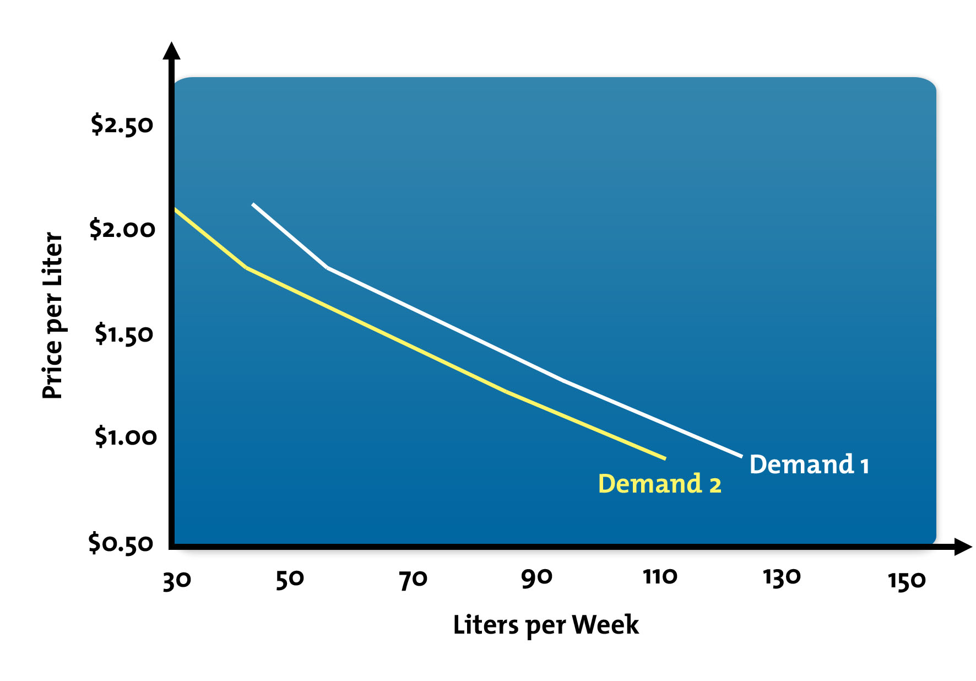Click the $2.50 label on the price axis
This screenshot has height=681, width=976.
(122, 125)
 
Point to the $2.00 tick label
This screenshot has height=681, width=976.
(122, 229)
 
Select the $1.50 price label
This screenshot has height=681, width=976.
(123, 333)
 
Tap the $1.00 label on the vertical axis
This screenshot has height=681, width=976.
(125, 437)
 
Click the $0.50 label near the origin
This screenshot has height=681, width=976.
(121, 543)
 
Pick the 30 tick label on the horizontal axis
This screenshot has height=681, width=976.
(177, 580)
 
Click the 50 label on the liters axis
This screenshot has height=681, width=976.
(290, 579)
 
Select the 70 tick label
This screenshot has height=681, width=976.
(413, 579)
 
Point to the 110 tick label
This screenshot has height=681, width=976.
(660, 577)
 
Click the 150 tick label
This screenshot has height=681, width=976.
(907, 581)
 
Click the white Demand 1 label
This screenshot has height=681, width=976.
(809, 464)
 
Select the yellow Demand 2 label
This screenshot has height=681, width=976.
(659, 484)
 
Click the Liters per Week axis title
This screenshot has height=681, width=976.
(545, 625)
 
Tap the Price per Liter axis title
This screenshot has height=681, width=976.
(53, 315)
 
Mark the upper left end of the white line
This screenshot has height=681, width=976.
(253, 204)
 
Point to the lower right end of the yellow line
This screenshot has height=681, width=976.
(665, 458)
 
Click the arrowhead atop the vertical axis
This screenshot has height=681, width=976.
(172, 50)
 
